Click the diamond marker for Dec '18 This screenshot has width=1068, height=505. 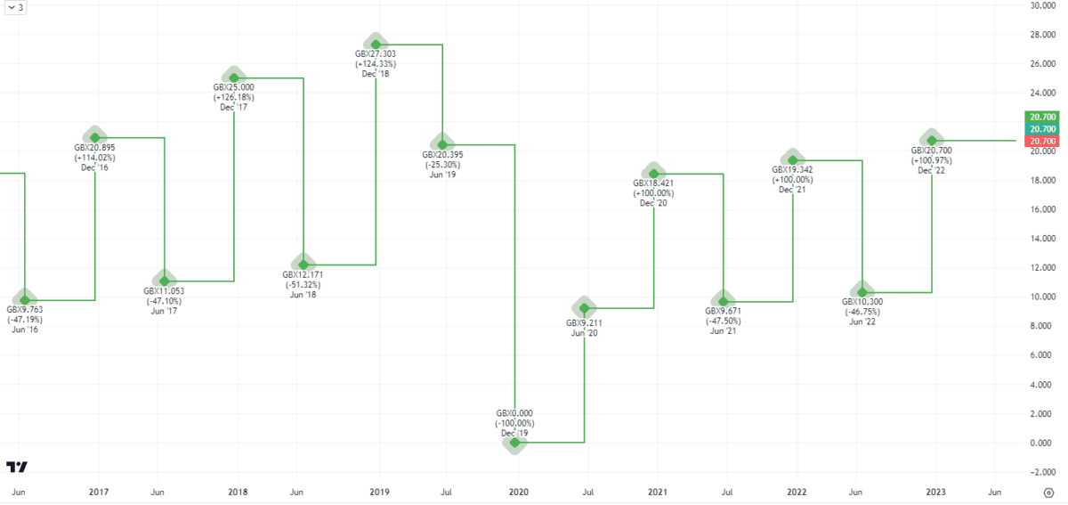(x=376, y=44)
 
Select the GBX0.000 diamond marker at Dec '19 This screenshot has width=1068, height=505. (x=514, y=442)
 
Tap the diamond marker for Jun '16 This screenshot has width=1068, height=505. (x=25, y=299)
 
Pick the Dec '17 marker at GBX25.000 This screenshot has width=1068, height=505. (x=234, y=77)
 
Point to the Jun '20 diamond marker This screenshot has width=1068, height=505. (x=584, y=307)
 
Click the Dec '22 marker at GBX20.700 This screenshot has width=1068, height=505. (x=932, y=140)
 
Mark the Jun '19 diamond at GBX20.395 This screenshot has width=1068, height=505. (x=442, y=143)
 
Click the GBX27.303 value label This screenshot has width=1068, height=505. (x=375, y=54)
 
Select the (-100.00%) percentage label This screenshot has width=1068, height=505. (x=514, y=423)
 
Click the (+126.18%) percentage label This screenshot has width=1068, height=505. (x=234, y=97)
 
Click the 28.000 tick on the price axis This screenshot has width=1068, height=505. (x=1042, y=35)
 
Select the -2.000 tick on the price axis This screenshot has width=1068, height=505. (x=1042, y=471)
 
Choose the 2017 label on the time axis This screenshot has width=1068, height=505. (x=99, y=492)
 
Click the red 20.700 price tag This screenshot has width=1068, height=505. (x=1042, y=142)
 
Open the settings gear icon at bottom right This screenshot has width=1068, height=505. (x=1048, y=492)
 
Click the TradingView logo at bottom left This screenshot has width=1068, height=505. (x=16, y=467)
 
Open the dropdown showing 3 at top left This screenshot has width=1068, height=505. (x=14, y=9)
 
